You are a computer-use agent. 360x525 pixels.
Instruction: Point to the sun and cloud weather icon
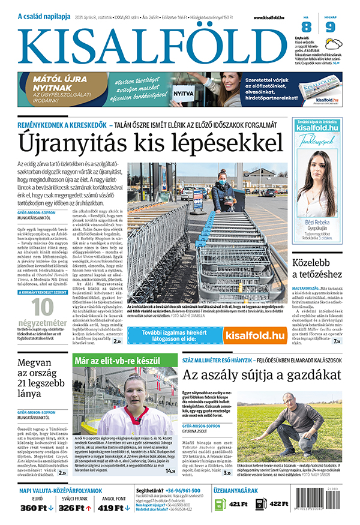pyautogui.click(x=334, y=43)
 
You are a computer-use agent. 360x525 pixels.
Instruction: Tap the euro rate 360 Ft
pyautogui.click(x=33, y=508)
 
